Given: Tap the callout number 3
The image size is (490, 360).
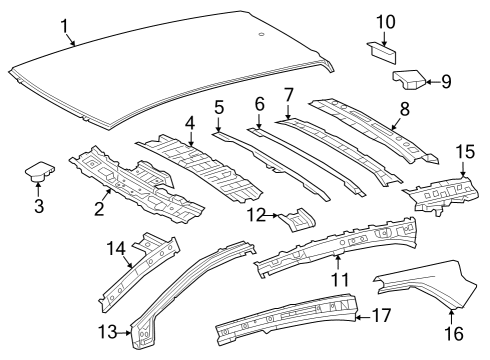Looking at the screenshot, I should [39, 206].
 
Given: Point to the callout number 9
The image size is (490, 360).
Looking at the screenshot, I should [446, 81].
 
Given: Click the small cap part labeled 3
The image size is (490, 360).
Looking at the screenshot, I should [38, 173].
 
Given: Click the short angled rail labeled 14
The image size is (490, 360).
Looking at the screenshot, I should [140, 270].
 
